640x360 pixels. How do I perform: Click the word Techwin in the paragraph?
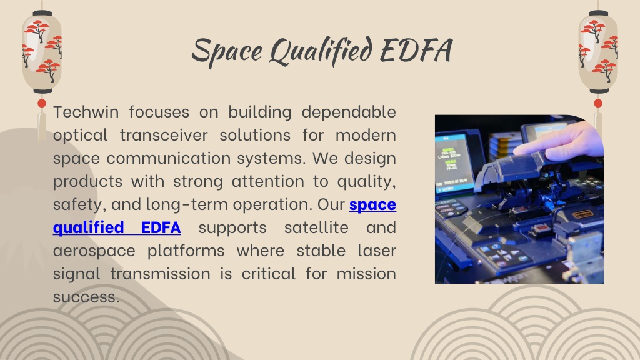pyautogui.click(x=86, y=111)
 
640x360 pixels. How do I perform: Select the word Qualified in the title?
pyautogui.click(x=321, y=51)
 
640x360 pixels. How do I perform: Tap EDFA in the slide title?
pyautogui.click(x=416, y=50)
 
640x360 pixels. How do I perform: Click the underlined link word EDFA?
pyautogui.click(x=161, y=227)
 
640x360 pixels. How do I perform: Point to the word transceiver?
pyautogui.click(x=164, y=135)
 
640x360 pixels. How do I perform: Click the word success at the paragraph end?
pyautogui.click(x=86, y=297)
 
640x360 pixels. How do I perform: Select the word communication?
pyautogui.click(x=169, y=158)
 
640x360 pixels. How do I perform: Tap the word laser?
pyautogui.click(x=377, y=250)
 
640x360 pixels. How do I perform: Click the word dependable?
pyautogui.click(x=349, y=111)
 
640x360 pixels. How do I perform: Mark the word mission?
pyautogui.click(x=366, y=274)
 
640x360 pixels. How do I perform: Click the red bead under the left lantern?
pyautogui.click(x=42, y=103)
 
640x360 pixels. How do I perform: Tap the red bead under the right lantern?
pyautogui.click(x=598, y=103)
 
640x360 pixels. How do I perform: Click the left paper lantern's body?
pyautogui.click(x=42, y=52)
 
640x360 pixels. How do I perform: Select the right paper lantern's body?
pyautogui.click(x=598, y=52)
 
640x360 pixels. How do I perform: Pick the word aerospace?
pyautogui.click(x=94, y=250)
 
